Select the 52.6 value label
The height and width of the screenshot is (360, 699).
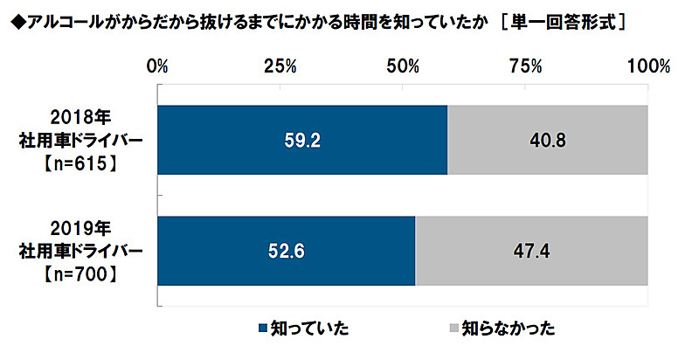click(x=286, y=250)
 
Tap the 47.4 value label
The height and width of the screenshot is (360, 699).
click(x=531, y=250)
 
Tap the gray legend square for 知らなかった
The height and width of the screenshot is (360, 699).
click(x=453, y=329)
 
